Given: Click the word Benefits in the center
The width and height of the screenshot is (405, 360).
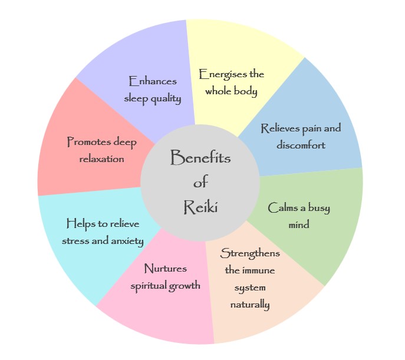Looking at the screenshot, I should pyautogui.click(x=200, y=158).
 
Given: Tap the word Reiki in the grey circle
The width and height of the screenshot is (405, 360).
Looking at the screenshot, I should pyautogui.click(x=200, y=207).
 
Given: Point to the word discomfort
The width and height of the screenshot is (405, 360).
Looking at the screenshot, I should pyautogui.click(x=301, y=144).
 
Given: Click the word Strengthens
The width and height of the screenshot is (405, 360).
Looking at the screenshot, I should pyautogui.click(x=250, y=254).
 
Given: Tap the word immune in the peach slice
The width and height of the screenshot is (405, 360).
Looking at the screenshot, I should pyautogui.click(x=258, y=271).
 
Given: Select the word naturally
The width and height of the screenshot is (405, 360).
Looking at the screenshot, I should pyautogui.click(x=250, y=305).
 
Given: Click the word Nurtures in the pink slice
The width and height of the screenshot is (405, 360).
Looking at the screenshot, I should pyautogui.click(x=166, y=269).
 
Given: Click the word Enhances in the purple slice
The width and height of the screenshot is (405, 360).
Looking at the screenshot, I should pyautogui.click(x=153, y=81).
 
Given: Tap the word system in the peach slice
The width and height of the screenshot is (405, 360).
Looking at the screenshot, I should pyautogui.click(x=250, y=288).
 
